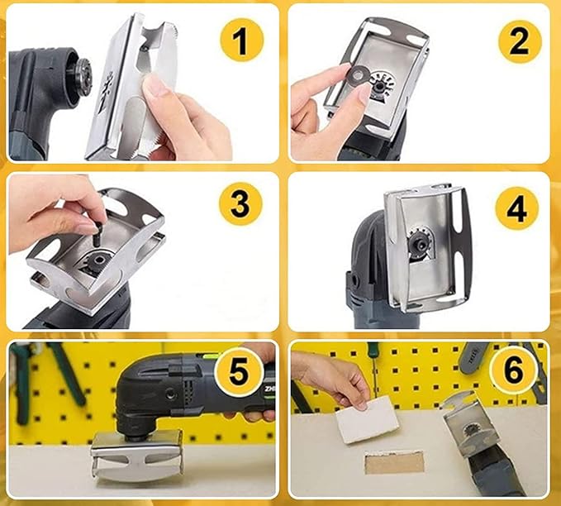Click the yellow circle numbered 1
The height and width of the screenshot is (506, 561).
(x=240, y=42)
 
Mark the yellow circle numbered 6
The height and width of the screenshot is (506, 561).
(x=513, y=371)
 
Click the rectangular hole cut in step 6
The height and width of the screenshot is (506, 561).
(x=394, y=461)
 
